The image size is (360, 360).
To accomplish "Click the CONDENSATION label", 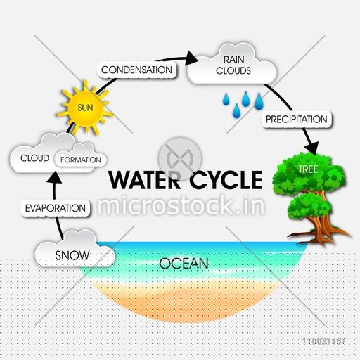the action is click(x=136, y=70).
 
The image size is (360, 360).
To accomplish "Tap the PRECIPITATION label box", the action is click(x=297, y=120).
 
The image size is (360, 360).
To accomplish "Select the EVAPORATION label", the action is click(x=56, y=208).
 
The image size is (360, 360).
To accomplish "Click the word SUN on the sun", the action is click(x=85, y=108).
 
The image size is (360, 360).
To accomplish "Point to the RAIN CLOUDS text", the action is click(x=233, y=65).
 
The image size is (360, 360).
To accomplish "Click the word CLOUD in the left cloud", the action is click(x=34, y=158).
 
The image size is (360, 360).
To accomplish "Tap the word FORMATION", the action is click(x=81, y=160).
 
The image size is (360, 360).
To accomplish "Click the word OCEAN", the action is click(x=184, y=263).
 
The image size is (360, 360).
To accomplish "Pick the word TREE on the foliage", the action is click(x=308, y=169).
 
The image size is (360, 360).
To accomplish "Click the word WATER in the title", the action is click(x=145, y=180).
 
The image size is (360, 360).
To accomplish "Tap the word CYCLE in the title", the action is click(x=226, y=180).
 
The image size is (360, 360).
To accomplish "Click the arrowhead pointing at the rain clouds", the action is click(x=191, y=58).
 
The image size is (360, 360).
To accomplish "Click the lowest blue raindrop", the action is click(x=236, y=111).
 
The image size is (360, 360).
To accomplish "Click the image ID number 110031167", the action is click(x=324, y=341).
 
